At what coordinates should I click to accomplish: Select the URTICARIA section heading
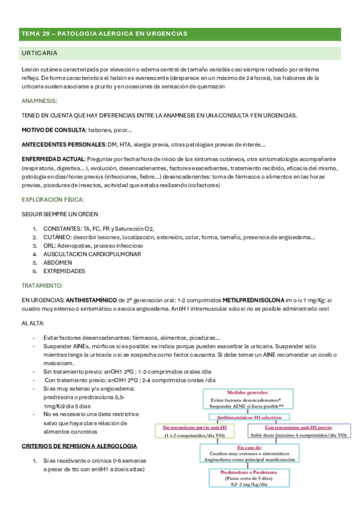click(x=39, y=54)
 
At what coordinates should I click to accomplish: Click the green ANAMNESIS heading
click(x=39, y=100)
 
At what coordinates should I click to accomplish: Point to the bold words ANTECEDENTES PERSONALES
click(x=63, y=144)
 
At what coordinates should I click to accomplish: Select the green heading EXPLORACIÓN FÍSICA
click(x=52, y=199)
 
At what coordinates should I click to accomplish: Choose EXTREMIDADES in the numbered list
click(x=64, y=271)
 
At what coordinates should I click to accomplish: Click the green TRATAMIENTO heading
click(x=41, y=286)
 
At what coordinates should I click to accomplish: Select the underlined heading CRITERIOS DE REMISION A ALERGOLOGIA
click(x=79, y=446)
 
